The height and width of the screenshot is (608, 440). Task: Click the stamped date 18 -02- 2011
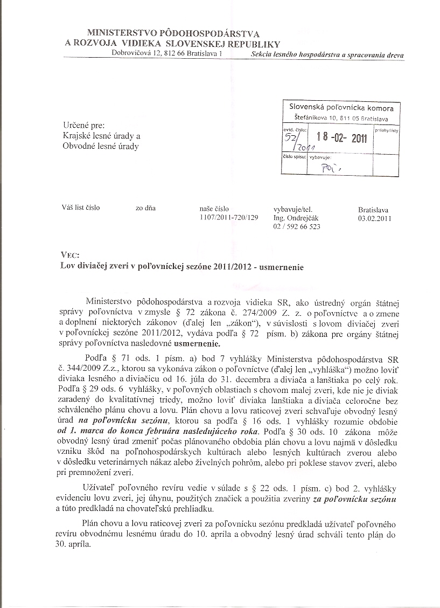tap(342, 138)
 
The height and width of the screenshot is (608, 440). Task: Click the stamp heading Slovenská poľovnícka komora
tap(345, 108)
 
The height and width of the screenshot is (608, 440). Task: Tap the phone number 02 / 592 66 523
tap(297, 227)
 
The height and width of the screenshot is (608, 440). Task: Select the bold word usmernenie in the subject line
tap(284, 266)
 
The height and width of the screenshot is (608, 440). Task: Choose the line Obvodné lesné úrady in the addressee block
tap(101, 147)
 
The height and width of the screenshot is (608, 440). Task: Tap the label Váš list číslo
tap(81, 208)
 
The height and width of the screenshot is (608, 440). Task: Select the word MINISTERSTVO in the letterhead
tap(122, 34)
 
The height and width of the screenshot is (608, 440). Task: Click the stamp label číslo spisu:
tap(295, 157)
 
